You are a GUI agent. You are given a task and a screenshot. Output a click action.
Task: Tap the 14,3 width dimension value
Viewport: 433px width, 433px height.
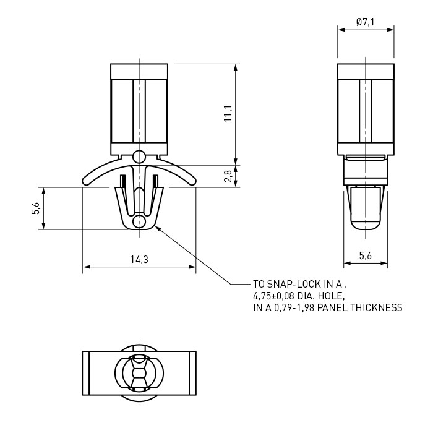(x=139, y=259)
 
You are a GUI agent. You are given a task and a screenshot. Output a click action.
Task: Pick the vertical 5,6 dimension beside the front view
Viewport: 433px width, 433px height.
(x=36, y=208)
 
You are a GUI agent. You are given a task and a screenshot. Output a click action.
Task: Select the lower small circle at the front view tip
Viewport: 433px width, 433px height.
(x=139, y=221)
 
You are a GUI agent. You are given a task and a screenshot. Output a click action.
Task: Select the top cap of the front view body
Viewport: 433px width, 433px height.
(x=139, y=71)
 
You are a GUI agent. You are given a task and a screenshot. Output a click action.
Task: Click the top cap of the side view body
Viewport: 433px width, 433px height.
(x=366, y=71)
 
